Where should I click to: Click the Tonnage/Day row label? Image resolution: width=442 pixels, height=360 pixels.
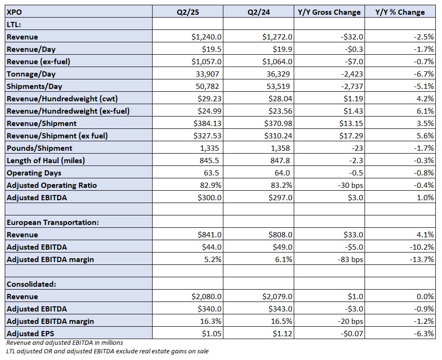pos(31,74)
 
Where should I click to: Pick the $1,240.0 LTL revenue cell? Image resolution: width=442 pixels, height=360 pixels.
pos(206,37)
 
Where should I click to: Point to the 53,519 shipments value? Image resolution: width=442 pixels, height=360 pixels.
pos(278,87)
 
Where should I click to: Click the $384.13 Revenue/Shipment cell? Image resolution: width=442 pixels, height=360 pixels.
pos(208,123)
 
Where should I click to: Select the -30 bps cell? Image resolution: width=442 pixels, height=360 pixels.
pos(350,185)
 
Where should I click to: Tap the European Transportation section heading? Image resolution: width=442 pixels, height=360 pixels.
pos(53,222)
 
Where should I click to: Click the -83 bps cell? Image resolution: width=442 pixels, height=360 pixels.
pos(350,259)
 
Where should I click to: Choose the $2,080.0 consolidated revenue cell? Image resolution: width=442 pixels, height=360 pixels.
pos(206,297)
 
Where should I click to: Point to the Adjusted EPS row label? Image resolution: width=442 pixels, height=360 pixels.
pos(30,333)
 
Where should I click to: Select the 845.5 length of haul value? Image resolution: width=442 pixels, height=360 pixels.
pos(209,161)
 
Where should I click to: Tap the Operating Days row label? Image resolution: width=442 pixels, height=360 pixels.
pos(34,173)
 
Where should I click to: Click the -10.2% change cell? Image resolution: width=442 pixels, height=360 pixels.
pos(422,247)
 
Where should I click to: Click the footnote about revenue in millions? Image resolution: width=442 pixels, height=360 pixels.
pos(65,342)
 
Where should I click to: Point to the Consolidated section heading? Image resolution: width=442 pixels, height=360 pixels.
pos(31,284)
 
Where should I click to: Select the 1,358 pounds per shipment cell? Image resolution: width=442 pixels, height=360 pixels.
pos(280,148)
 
